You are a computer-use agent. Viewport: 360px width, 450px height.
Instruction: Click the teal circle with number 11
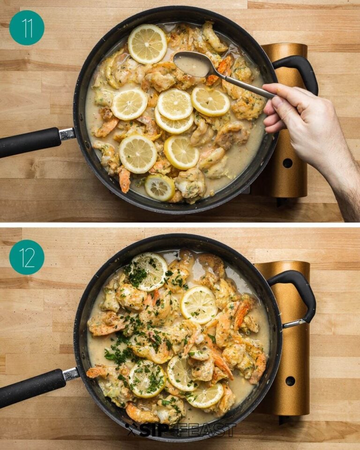(x=27, y=28)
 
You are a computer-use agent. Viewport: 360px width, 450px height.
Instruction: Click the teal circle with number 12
(x=27, y=257)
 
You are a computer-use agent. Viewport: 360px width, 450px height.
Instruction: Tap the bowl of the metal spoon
(x=192, y=64)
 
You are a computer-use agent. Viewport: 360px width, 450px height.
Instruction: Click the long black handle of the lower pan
(x=31, y=387)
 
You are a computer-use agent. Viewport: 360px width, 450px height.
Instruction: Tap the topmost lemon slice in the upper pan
(x=147, y=44)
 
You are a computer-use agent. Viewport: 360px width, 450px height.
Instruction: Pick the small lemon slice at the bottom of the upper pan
(x=159, y=187)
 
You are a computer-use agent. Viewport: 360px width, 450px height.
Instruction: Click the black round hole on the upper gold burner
(x=287, y=163)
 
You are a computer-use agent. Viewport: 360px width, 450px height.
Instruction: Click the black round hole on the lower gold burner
(x=290, y=381)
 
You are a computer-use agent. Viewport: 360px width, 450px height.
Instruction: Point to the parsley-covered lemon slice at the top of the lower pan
(x=149, y=271)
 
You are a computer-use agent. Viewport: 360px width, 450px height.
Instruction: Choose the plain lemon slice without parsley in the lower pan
(x=199, y=305)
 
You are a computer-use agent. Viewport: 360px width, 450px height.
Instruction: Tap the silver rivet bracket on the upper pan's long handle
(x=67, y=134)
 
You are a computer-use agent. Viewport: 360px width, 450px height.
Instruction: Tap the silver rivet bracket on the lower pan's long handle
(x=71, y=374)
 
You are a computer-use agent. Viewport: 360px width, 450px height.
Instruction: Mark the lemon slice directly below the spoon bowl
(x=210, y=102)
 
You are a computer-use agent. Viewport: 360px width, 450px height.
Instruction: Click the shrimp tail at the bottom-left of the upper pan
(x=124, y=180)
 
